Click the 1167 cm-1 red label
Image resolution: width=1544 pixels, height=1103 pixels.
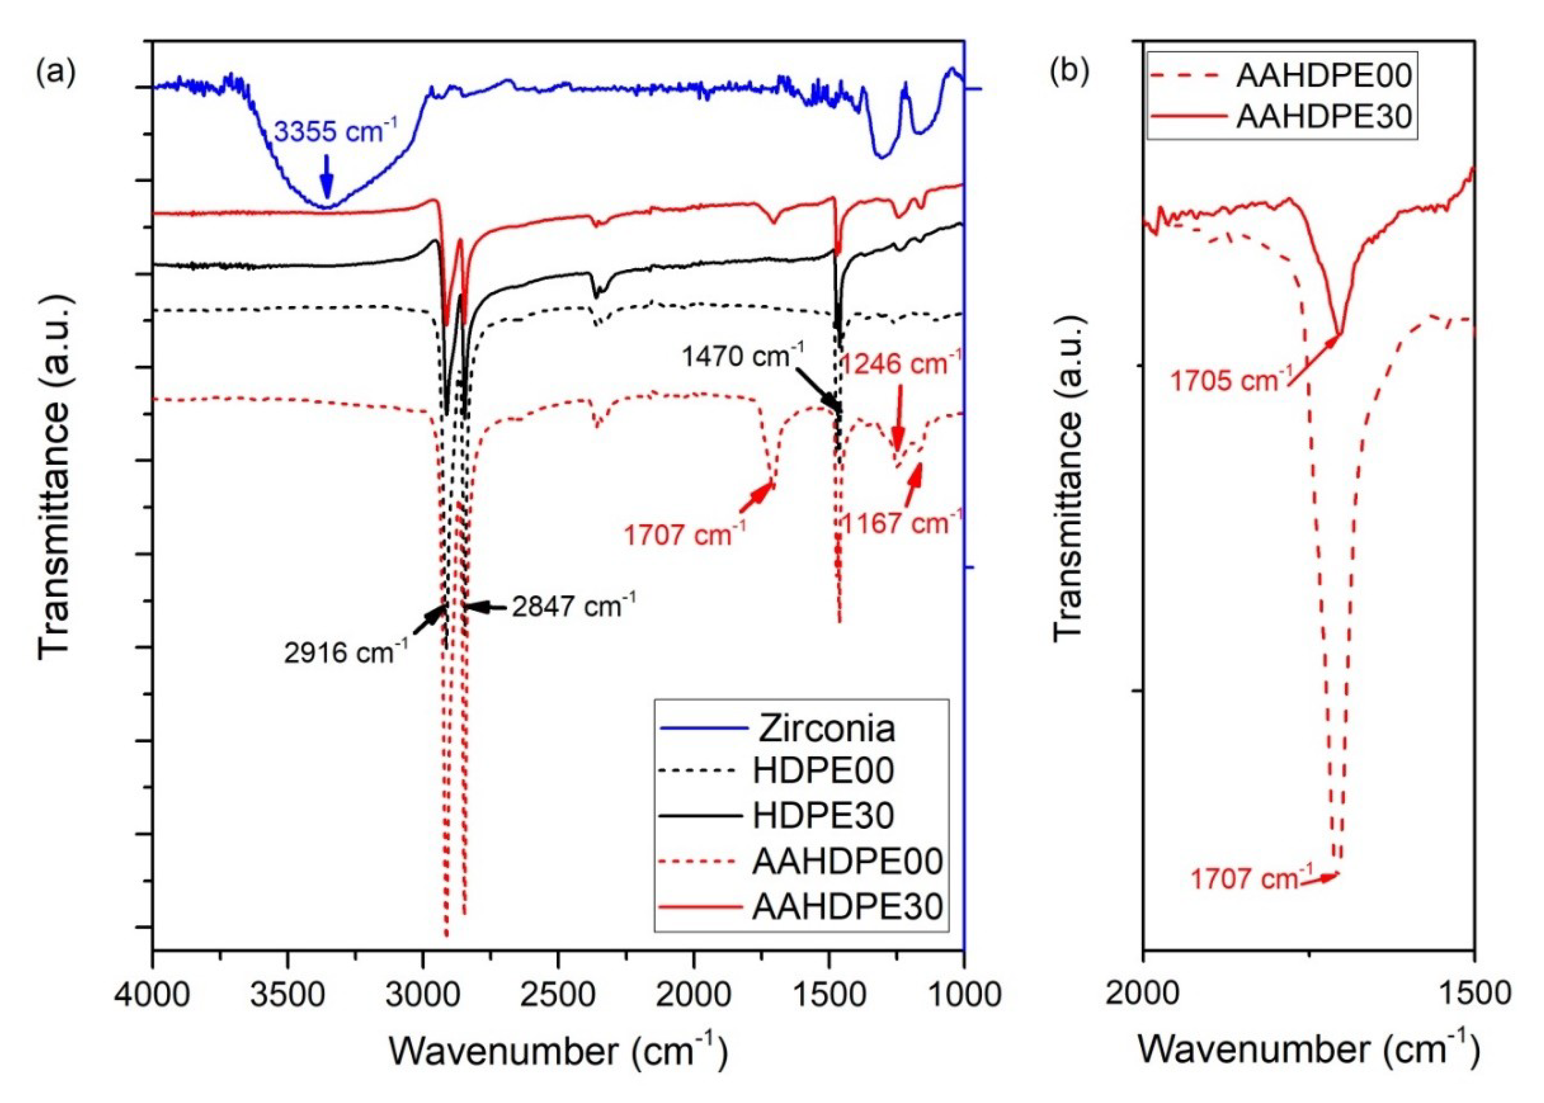pyautogui.click(x=901, y=523)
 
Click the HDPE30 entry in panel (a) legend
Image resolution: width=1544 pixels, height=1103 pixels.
pyautogui.click(x=823, y=816)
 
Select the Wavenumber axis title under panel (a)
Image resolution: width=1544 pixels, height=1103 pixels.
pyautogui.click(x=558, y=1050)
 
